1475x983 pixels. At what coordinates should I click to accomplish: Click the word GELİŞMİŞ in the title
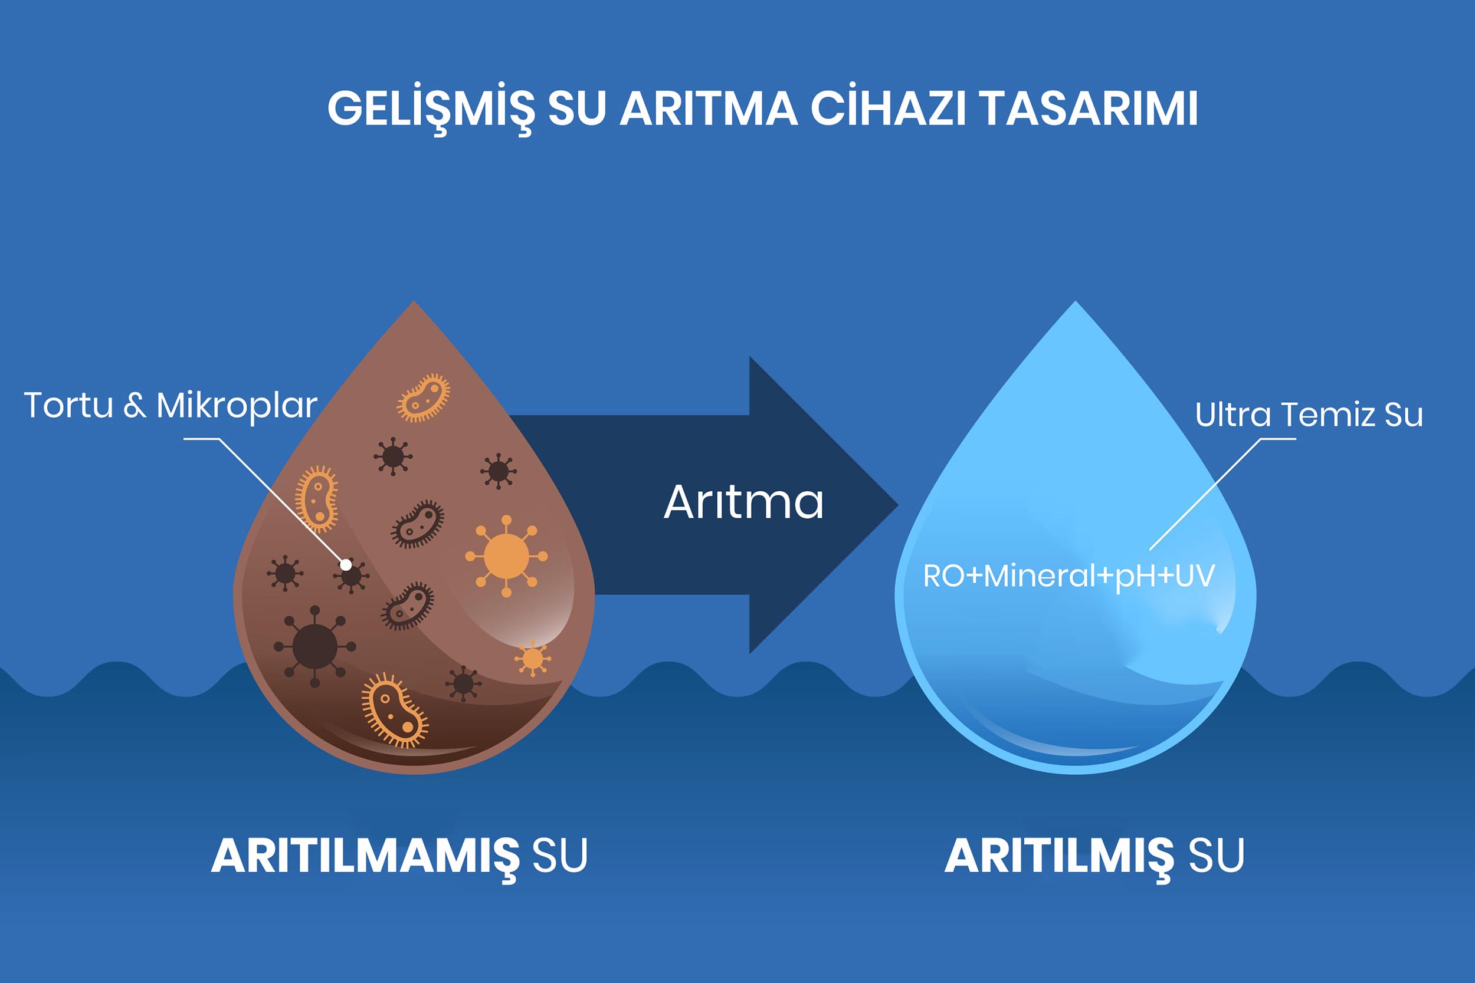tap(431, 109)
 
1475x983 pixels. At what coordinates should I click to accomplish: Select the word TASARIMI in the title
tap(1088, 109)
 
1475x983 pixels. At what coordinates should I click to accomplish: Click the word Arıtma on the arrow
tap(743, 502)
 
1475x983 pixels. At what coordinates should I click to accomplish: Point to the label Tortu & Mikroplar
tap(171, 405)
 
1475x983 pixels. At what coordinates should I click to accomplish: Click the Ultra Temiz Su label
tap(1309, 415)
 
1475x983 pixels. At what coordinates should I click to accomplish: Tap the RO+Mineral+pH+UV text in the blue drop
tap(1068, 576)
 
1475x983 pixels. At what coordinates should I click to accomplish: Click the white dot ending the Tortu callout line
tap(346, 565)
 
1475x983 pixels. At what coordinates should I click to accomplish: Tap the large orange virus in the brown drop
tap(506, 555)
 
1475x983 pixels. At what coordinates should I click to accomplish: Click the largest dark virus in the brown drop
tap(314, 646)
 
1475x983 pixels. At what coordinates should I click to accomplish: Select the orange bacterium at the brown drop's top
tap(423, 397)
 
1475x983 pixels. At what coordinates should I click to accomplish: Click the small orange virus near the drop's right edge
tap(532, 659)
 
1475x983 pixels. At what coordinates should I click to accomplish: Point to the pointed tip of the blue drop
tap(1076, 302)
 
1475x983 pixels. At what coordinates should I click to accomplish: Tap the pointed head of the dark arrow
tap(897, 505)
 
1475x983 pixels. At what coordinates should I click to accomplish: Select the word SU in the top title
tap(577, 109)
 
